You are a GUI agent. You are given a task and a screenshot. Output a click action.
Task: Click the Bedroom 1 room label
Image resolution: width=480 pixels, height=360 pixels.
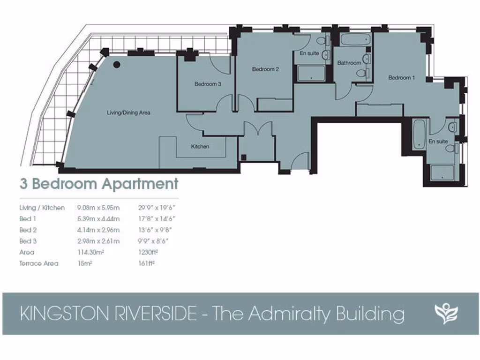[401, 78]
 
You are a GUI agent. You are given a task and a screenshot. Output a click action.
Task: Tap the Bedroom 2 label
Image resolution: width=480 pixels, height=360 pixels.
[265, 69]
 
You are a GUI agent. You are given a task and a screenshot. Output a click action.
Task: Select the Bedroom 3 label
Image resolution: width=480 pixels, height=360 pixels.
[208, 84]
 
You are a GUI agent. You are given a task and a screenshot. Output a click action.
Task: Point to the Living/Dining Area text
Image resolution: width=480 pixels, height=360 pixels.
[128, 112]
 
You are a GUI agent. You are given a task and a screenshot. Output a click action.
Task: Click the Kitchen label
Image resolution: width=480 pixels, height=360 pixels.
[200, 147]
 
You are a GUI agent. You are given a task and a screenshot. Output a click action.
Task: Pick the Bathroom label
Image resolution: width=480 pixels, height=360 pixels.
[349, 63]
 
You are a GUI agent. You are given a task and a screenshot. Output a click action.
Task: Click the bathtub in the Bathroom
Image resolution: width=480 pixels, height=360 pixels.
[355, 40]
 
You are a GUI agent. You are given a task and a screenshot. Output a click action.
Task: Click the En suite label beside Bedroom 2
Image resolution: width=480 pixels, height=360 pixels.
[309, 53]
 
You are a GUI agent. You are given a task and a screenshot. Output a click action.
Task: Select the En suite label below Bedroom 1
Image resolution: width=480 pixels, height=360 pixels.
[438, 141]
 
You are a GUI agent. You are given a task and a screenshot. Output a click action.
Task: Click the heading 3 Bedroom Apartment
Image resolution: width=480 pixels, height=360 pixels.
[99, 184]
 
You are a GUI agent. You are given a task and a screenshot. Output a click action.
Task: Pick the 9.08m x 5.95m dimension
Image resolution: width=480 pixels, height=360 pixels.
[98, 208]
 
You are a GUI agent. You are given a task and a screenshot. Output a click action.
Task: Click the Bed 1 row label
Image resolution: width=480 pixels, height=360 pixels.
[28, 219]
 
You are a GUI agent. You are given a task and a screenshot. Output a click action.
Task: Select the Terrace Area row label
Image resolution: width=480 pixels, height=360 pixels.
[39, 263]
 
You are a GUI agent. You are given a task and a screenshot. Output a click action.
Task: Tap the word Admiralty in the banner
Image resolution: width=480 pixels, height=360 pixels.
[290, 314]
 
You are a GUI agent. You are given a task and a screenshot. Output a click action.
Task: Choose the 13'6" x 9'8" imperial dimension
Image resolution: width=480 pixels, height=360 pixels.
[155, 230]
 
